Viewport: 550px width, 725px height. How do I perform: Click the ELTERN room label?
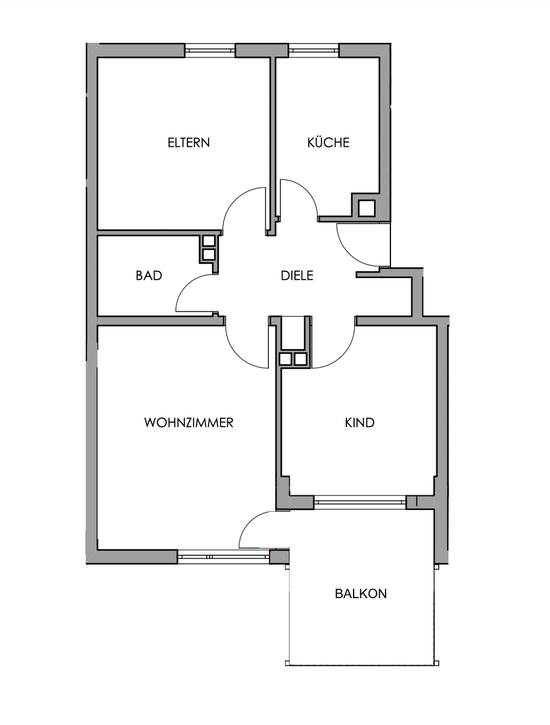pyautogui.click(x=189, y=143)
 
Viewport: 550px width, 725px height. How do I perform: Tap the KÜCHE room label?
pyautogui.click(x=328, y=143)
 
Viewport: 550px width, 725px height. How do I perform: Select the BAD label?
pyautogui.click(x=149, y=275)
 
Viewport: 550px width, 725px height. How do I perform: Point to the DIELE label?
pyautogui.click(x=297, y=275)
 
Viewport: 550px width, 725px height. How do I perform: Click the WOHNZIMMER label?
pyautogui.click(x=189, y=423)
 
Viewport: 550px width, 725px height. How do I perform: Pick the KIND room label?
pyautogui.click(x=360, y=423)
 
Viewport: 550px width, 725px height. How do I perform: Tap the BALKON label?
pyautogui.click(x=361, y=594)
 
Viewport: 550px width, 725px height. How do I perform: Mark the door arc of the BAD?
pyautogui.click(x=184, y=287)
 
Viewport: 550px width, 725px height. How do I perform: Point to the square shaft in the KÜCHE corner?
pyautogui.click(x=367, y=208)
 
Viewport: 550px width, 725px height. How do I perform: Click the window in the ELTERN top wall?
pyautogui.click(x=210, y=50)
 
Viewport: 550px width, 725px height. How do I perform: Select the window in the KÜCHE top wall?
pyautogui.click(x=314, y=50)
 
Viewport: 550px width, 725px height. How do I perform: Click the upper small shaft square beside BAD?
pyautogui.click(x=209, y=240)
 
